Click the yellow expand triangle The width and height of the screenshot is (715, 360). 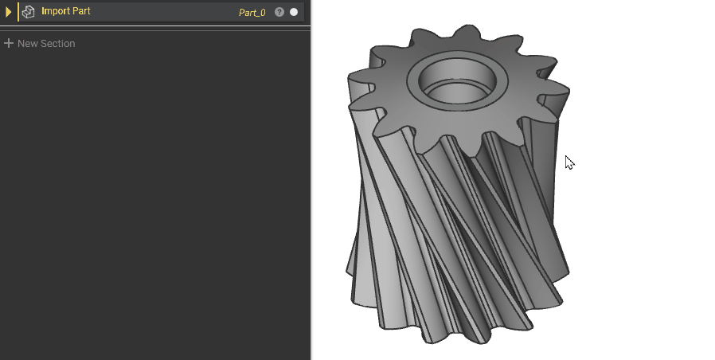pos(8,12)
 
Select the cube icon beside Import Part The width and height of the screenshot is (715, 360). pos(29,12)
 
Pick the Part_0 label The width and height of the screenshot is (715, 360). pos(252,12)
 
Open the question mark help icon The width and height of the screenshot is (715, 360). pos(279,12)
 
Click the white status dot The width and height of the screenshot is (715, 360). pos(294,12)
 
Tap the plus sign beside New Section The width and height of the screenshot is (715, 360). pos(8,43)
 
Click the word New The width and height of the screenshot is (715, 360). pos(27,43)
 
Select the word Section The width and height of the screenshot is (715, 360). pos(57,43)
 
